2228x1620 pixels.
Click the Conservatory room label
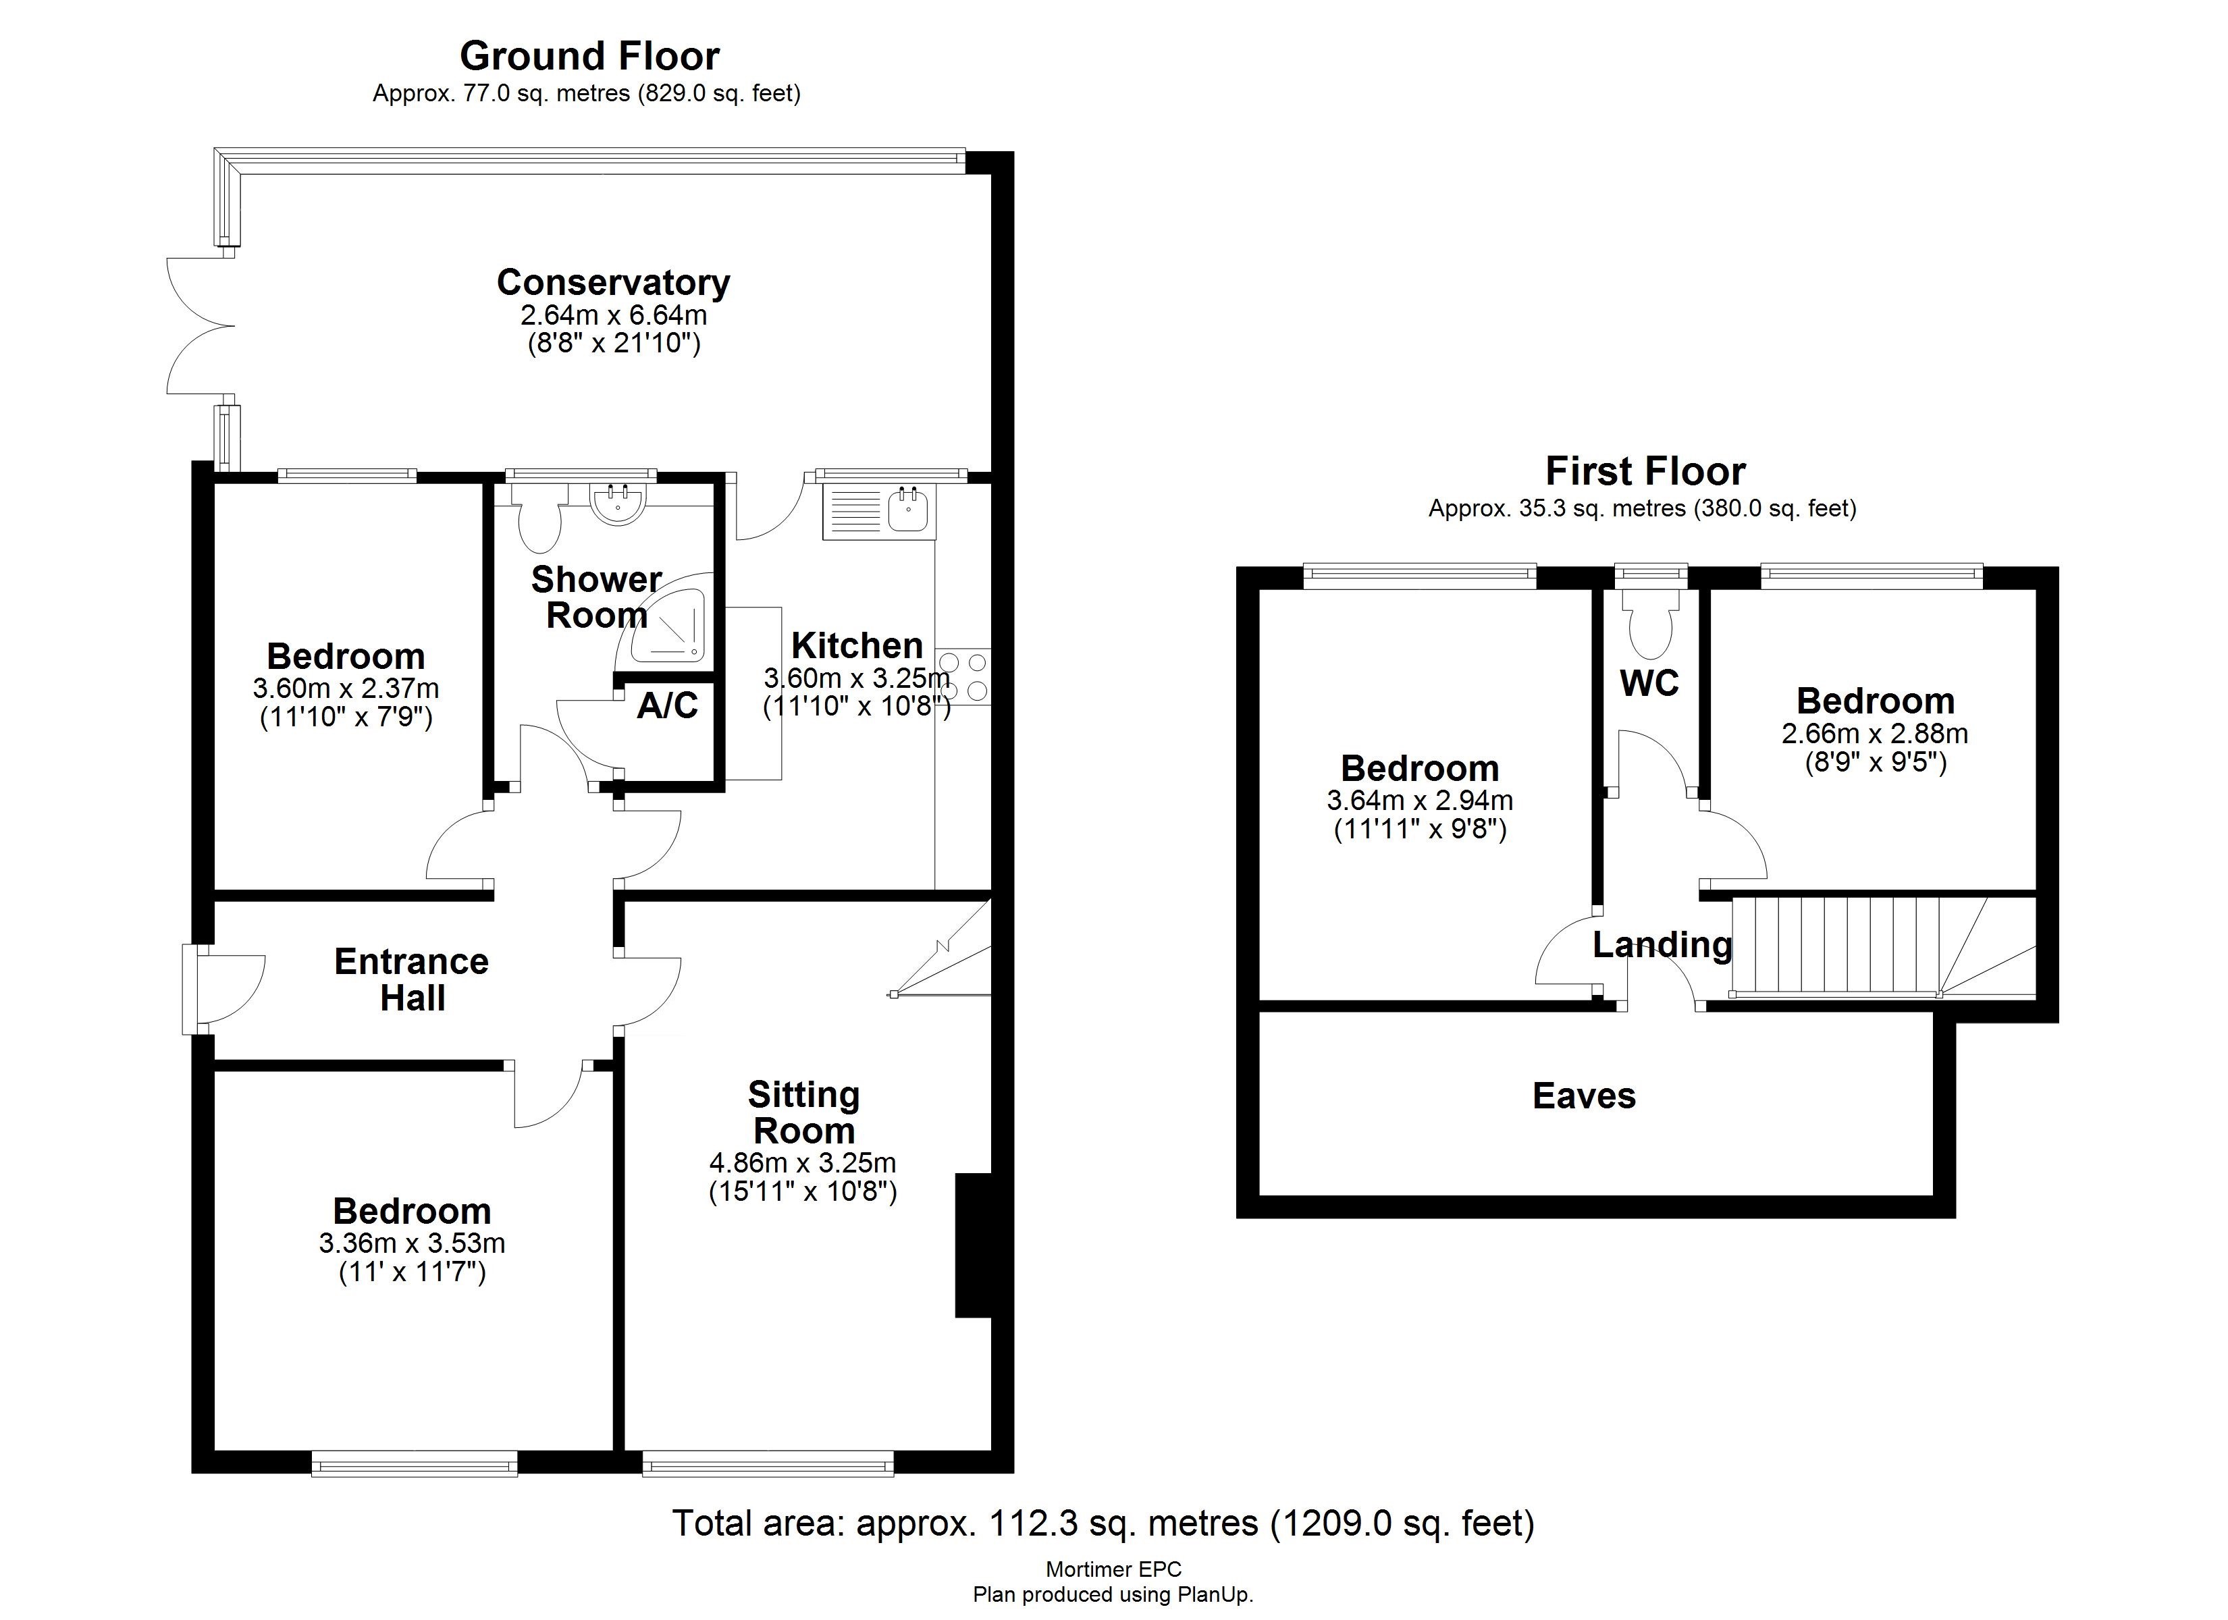click(x=613, y=283)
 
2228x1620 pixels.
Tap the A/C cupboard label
click(x=667, y=705)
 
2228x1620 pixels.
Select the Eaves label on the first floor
click(x=1584, y=1096)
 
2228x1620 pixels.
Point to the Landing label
click(x=1662, y=945)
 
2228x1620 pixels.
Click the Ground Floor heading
click(x=589, y=56)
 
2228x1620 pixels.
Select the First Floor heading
click(x=1645, y=472)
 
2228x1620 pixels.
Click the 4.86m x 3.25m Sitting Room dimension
click(x=803, y=1163)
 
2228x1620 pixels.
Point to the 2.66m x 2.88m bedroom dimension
click(x=1874, y=734)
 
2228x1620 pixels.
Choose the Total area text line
click(x=1103, y=1523)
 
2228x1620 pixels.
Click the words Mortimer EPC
click(x=1113, y=1570)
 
